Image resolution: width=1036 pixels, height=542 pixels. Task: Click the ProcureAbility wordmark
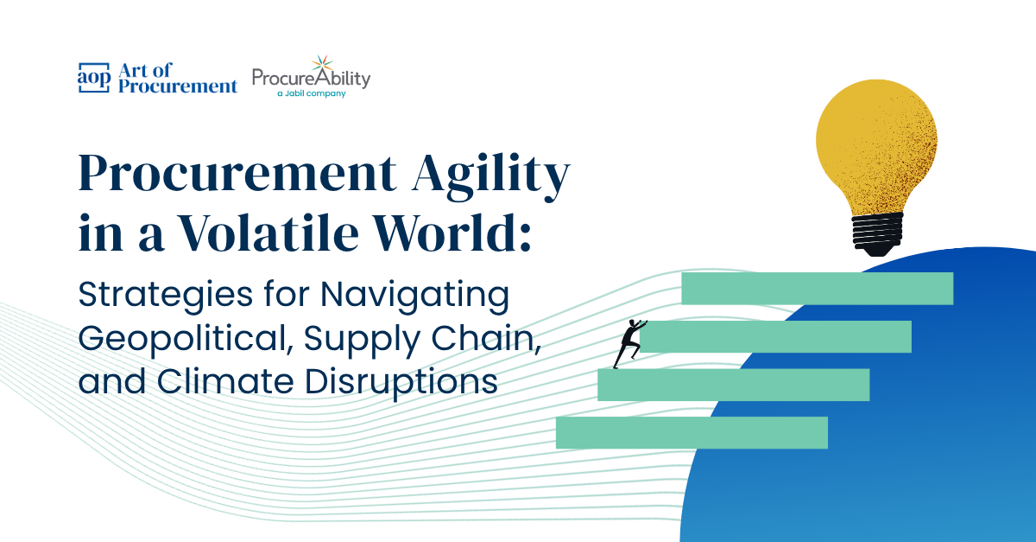311,78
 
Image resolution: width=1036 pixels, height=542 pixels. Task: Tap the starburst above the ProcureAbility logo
321,63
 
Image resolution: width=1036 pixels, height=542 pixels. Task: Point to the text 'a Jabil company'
311,93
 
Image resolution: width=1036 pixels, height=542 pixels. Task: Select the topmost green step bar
817,289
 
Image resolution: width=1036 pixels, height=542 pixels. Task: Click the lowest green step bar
692,432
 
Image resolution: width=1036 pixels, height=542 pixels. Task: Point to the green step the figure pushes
777,336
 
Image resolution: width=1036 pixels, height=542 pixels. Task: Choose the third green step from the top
733,385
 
